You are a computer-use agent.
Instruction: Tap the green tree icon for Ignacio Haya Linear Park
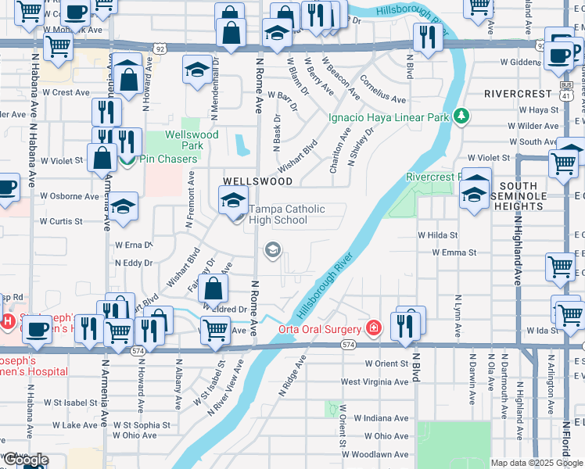462,116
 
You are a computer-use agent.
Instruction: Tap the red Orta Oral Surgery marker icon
375,328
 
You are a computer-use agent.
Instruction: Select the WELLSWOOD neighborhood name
257,181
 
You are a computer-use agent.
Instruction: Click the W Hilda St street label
437,234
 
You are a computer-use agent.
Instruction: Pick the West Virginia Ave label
375,382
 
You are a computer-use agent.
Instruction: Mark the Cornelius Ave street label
382,89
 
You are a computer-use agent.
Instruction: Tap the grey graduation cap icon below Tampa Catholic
273,250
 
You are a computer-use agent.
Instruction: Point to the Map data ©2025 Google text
536,463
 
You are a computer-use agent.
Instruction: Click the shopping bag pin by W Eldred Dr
214,289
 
